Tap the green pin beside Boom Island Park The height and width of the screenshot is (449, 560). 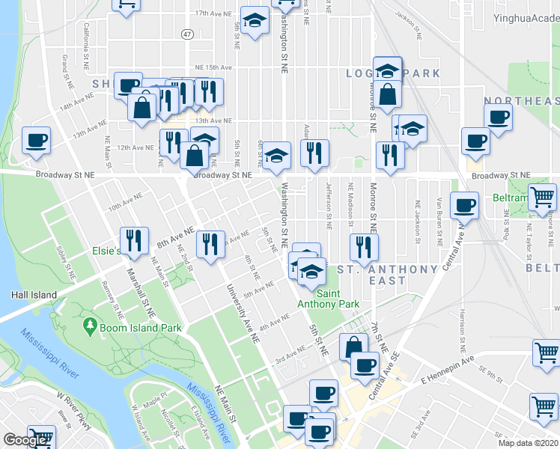(x=90, y=326)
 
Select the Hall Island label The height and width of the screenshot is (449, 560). (x=34, y=295)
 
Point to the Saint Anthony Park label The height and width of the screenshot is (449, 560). (x=328, y=299)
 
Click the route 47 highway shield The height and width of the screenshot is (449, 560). (x=187, y=34)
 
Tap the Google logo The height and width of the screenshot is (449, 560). (x=25, y=440)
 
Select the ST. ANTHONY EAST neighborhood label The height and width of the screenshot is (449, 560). (x=387, y=275)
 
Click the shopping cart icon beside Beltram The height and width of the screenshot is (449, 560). (x=542, y=198)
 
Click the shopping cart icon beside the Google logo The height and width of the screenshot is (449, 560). (x=40, y=437)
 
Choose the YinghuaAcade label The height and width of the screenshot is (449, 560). (x=526, y=16)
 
